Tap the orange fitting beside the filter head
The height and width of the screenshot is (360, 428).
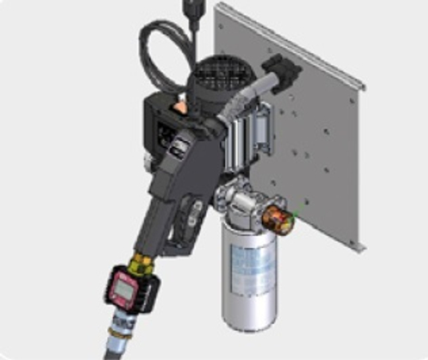pos(277,219)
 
